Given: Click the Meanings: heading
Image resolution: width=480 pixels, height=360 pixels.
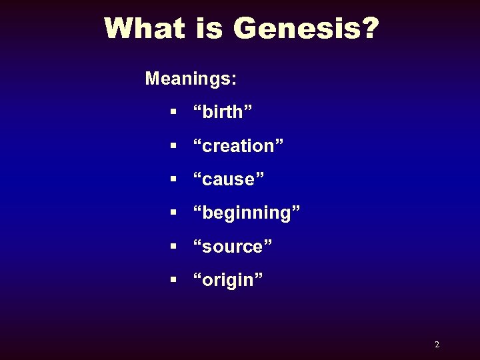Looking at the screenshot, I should click(x=191, y=79).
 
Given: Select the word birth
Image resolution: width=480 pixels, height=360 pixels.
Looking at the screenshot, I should click(x=223, y=112).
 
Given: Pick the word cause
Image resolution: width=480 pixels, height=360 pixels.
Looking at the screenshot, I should click(x=229, y=179).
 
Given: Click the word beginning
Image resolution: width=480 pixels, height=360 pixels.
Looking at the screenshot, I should click(x=247, y=213).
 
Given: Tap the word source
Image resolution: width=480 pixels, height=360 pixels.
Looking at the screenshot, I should click(x=232, y=247).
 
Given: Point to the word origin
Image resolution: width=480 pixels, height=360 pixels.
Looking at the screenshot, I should click(x=228, y=280).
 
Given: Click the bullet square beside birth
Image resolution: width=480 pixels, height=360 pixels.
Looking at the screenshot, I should click(x=173, y=112).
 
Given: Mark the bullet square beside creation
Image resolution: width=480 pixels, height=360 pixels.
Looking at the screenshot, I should click(x=173, y=145).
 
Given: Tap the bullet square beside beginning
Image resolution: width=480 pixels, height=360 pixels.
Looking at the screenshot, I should click(x=173, y=213).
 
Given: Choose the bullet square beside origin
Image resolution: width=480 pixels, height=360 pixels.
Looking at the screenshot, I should click(x=173, y=280).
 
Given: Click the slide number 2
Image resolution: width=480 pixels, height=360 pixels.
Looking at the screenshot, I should click(x=437, y=345).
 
